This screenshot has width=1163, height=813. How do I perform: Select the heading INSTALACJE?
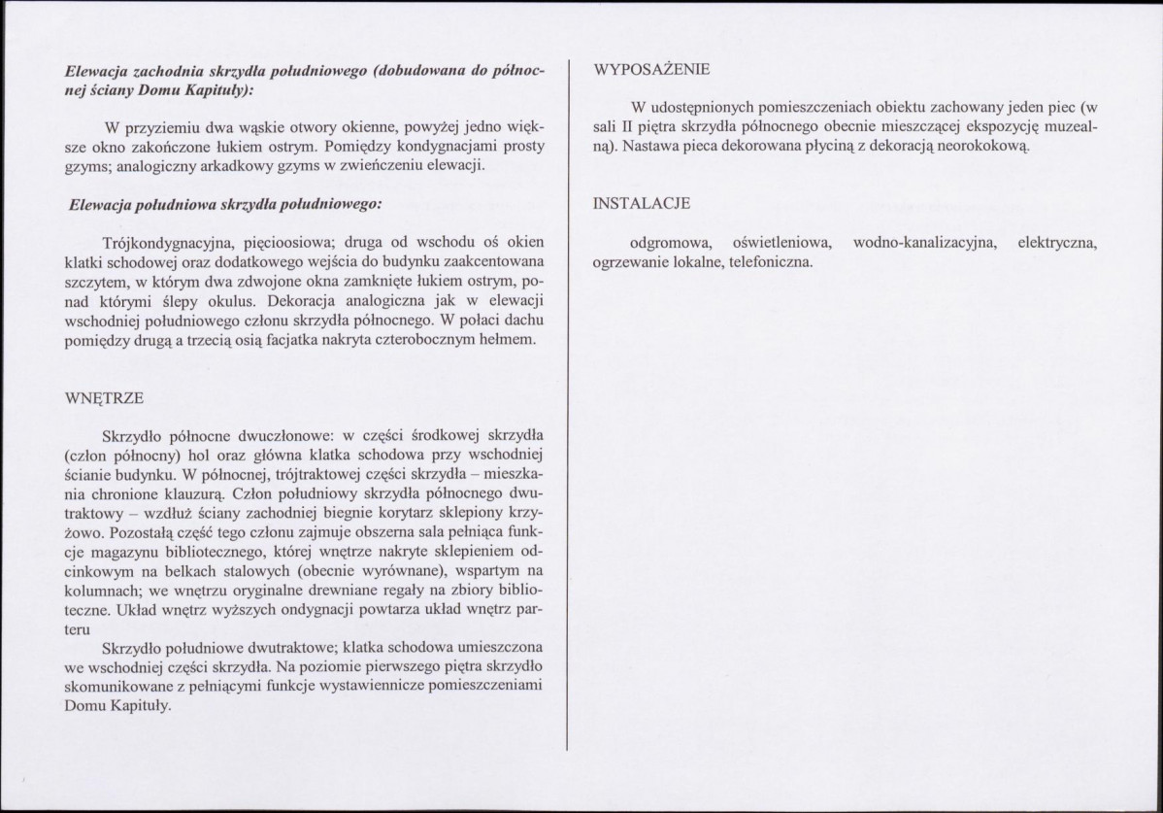pos(642,204)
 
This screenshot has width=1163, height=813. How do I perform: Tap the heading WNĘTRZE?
pos(105,398)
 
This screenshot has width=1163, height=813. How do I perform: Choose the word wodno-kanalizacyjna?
pos(925,243)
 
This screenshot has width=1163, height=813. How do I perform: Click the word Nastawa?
pos(653,147)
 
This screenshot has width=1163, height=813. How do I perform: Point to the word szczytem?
pos(94,281)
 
